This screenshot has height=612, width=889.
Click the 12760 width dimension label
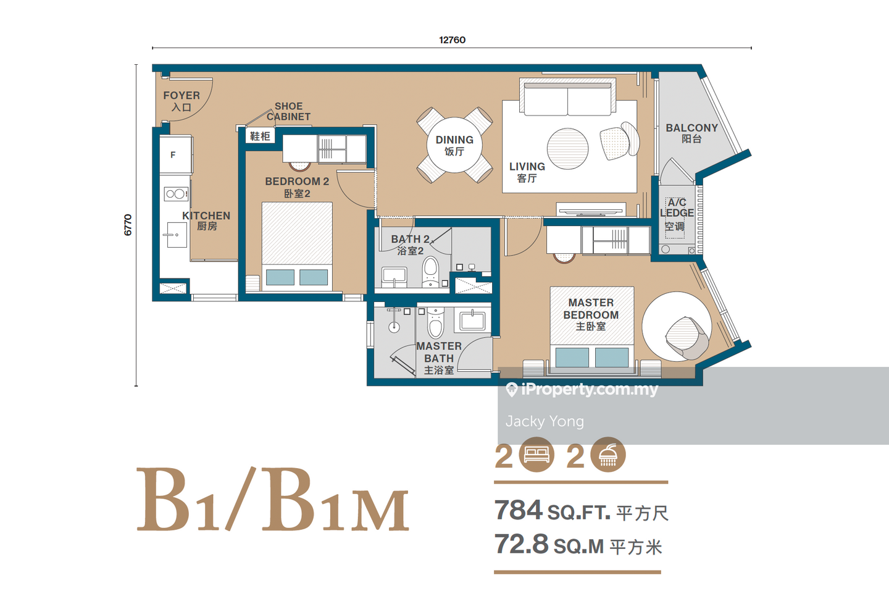[452, 40]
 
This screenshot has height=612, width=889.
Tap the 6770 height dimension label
[128, 225]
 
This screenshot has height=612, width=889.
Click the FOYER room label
[182, 96]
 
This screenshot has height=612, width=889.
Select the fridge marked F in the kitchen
[176, 155]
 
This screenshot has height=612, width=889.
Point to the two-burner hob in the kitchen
[176, 194]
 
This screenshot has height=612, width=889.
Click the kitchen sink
[177, 235]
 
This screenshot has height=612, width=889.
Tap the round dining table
[454, 145]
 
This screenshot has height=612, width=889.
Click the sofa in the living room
[567, 97]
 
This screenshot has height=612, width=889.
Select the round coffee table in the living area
[567, 149]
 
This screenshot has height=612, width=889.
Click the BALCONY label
[691, 128]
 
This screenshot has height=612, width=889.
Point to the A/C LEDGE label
[677, 207]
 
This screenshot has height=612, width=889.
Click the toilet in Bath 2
[430, 271]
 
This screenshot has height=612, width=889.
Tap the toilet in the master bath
[435, 322]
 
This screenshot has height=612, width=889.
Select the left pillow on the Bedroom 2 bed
[280, 277]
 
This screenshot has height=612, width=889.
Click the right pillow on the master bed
[612, 357]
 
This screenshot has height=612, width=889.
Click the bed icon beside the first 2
[536, 455]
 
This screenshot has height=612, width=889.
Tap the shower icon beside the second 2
[608, 455]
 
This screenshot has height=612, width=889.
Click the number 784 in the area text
[518, 509]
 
